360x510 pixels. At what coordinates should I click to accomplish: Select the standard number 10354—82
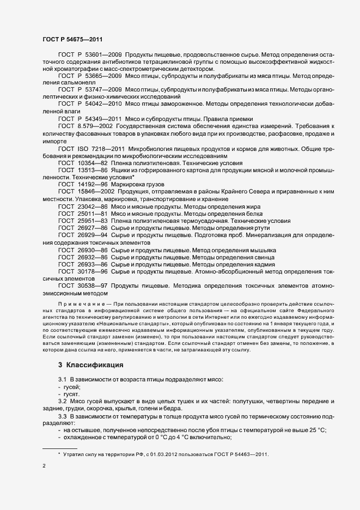coord(94,163)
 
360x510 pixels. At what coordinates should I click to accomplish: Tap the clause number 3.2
coord(63,401)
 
